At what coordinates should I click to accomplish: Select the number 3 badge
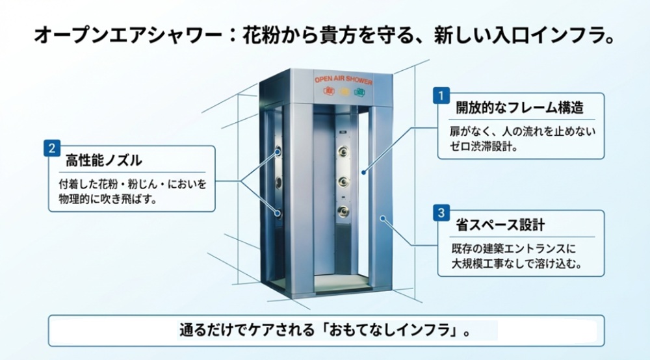coord(441,212)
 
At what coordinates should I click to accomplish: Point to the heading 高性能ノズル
coord(104,161)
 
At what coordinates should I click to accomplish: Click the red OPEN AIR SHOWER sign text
coord(344,79)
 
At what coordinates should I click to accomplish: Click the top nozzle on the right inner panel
coord(342,153)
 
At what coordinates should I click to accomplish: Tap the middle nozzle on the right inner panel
coord(342,182)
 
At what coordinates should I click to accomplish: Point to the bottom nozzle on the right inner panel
coord(342,210)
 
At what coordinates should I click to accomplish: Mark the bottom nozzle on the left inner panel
coord(278,212)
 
